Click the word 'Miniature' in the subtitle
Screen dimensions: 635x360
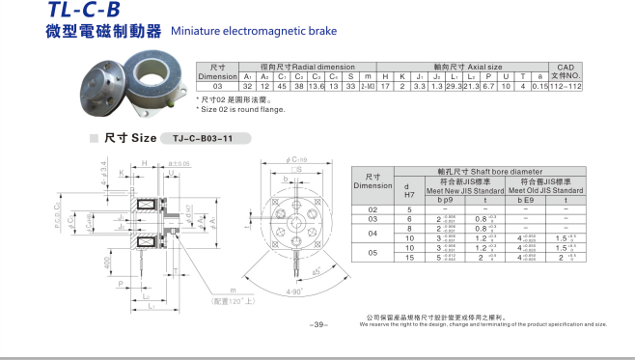(x=196, y=32)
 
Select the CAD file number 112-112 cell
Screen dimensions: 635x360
(x=566, y=86)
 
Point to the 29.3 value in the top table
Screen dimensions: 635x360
(x=451, y=86)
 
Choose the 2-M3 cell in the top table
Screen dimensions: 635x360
(x=368, y=86)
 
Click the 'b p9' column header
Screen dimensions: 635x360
(x=445, y=200)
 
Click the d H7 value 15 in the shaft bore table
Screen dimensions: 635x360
(x=408, y=257)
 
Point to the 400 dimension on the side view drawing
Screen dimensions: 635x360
(x=105, y=263)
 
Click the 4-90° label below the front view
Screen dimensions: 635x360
(x=293, y=291)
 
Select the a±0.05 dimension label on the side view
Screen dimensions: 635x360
(x=179, y=164)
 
